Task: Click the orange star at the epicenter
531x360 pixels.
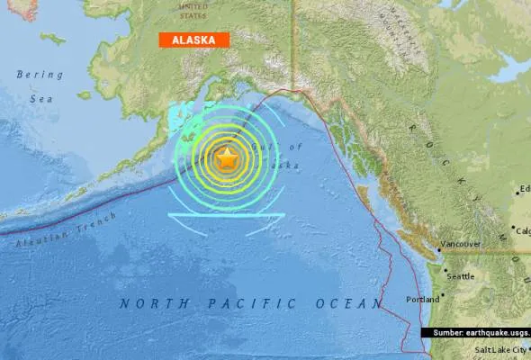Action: point(227,159)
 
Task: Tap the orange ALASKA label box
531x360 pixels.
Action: point(193,40)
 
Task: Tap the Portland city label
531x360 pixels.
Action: point(424,298)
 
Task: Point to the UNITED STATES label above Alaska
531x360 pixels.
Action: point(193,10)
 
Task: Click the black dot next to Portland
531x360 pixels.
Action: point(443,298)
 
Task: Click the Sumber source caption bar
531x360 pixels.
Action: point(475,333)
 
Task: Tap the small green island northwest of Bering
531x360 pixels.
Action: point(52,39)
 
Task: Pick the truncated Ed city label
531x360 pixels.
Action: point(525,189)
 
